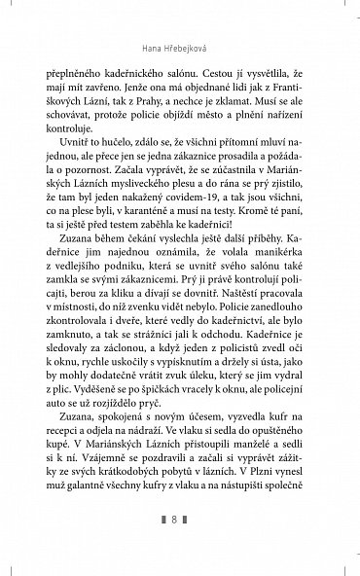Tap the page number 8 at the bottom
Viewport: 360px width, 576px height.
180,547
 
